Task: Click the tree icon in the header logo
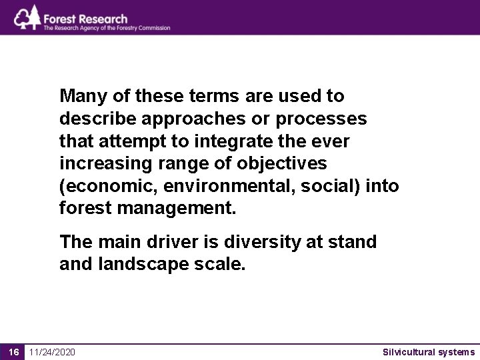click(27, 17)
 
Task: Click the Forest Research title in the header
click(85, 18)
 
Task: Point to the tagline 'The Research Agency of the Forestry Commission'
click(107, 28)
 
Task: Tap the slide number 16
click(12, 352)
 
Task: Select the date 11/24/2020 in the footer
click(52, 352)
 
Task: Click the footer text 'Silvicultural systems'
click(429, 352)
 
